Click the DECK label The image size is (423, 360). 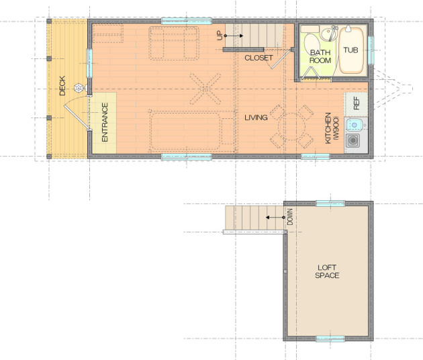pyautogui.click(x=62, y=86)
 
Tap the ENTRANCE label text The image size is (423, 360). pyautogui.click(x=105, y=122)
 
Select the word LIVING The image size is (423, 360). pyautogui.click(x=256, y=118)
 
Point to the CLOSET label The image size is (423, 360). pyautogui.click(x=258, y=58)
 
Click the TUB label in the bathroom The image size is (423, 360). pyautogui.click(x=350, y=50)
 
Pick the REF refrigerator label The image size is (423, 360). pyautogui.click(x=356, y=103)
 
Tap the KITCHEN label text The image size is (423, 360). pyautogui.click(x=328, y=128)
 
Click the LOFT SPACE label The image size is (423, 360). pyautogui.click(x=327, y=271)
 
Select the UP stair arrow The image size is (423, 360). pyautogui.click(x=234, y=36)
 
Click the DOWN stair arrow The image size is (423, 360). pyautogui.click(x=275, y=217)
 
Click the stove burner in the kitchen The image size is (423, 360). pyautogui.click(x=353, y=140)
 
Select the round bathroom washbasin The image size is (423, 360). pyautogui.click(x=328, y=34)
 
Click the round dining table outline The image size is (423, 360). pyautogui.click(x=291, y=126)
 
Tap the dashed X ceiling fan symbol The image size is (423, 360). pyautogui.click(x=205, y=89)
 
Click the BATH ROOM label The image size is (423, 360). pyautogui.click(x=320, y=56)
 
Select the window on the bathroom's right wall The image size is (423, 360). pyautogui.click(x=371, y=50)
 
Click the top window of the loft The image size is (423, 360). pyautogui.click(x=330, y=204)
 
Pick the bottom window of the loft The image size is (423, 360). pyautogui.click(x=330, y=339)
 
